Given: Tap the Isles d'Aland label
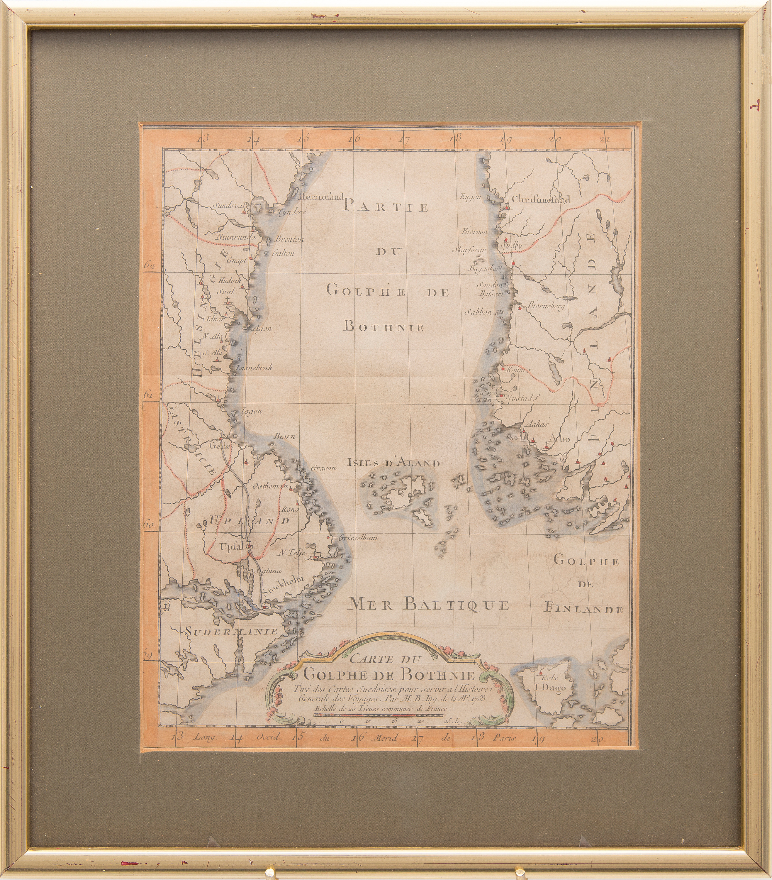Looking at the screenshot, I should pyautogui.click(x=393, y=463).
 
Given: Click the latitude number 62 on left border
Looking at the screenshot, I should pyautogui.click(x=149, y=266).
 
